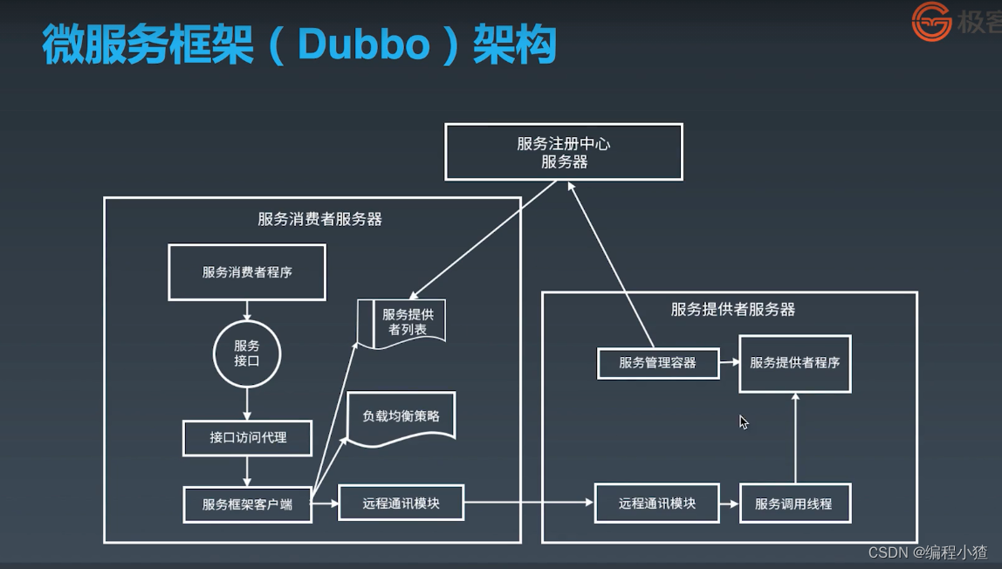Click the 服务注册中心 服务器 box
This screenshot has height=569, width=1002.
563,152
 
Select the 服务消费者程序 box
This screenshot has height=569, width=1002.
247,272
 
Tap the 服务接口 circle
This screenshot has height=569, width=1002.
247,352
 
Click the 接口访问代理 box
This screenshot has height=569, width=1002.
247,438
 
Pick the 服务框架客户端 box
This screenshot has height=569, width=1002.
247,504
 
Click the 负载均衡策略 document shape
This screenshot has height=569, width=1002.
401,417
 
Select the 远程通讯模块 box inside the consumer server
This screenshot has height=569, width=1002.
401,503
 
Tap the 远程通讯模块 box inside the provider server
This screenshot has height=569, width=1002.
656,504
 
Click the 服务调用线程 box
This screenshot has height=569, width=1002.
793,504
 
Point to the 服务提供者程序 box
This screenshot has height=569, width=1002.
794,362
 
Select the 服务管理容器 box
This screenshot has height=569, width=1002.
657,363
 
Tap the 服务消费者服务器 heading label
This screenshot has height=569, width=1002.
319,219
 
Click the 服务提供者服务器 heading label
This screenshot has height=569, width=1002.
732,309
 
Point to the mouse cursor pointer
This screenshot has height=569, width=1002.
743,422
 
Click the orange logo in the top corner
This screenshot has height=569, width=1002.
931,22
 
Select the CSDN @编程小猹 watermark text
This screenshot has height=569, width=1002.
928,552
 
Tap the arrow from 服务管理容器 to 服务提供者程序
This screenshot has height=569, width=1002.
729,363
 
